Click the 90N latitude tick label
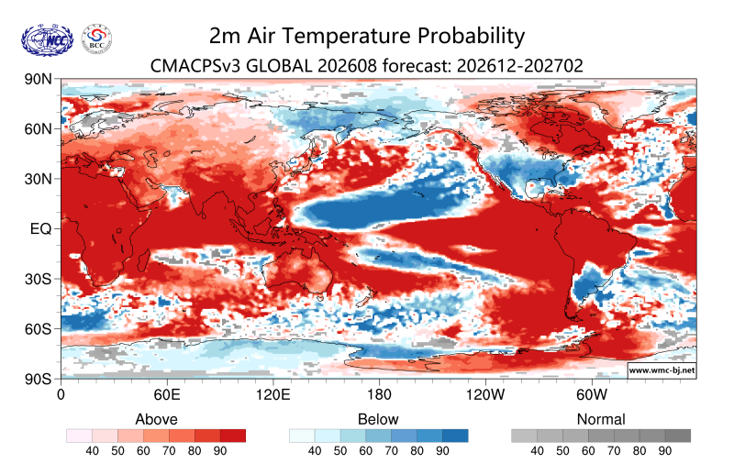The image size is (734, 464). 39,79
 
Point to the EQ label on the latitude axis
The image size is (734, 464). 40,229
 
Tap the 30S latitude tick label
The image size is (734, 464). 39,280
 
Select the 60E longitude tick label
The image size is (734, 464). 167,395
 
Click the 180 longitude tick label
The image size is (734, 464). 379,395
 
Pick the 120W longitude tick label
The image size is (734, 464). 485,395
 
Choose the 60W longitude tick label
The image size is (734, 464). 592,395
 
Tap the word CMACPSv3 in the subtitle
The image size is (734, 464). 195,65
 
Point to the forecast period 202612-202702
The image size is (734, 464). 520,65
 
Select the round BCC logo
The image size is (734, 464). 97,39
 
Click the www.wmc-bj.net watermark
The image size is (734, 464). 662,370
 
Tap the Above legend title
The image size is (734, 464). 156,419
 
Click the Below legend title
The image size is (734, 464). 378,419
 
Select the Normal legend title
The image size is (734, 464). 601,419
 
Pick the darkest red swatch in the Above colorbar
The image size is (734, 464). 233,436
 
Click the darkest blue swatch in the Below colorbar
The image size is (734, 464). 455,436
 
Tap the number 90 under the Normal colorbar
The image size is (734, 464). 664,451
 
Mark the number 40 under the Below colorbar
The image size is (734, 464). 315,451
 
